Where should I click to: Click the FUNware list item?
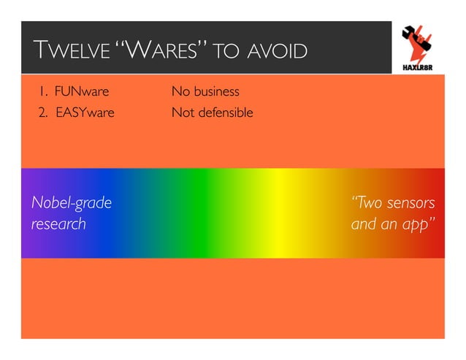[81, 93]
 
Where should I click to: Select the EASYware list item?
[85, 113]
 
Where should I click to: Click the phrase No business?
[205, 93]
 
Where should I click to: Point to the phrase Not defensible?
[212, 113]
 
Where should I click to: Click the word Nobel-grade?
[72, 202]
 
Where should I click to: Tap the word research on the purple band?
[58, 223]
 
